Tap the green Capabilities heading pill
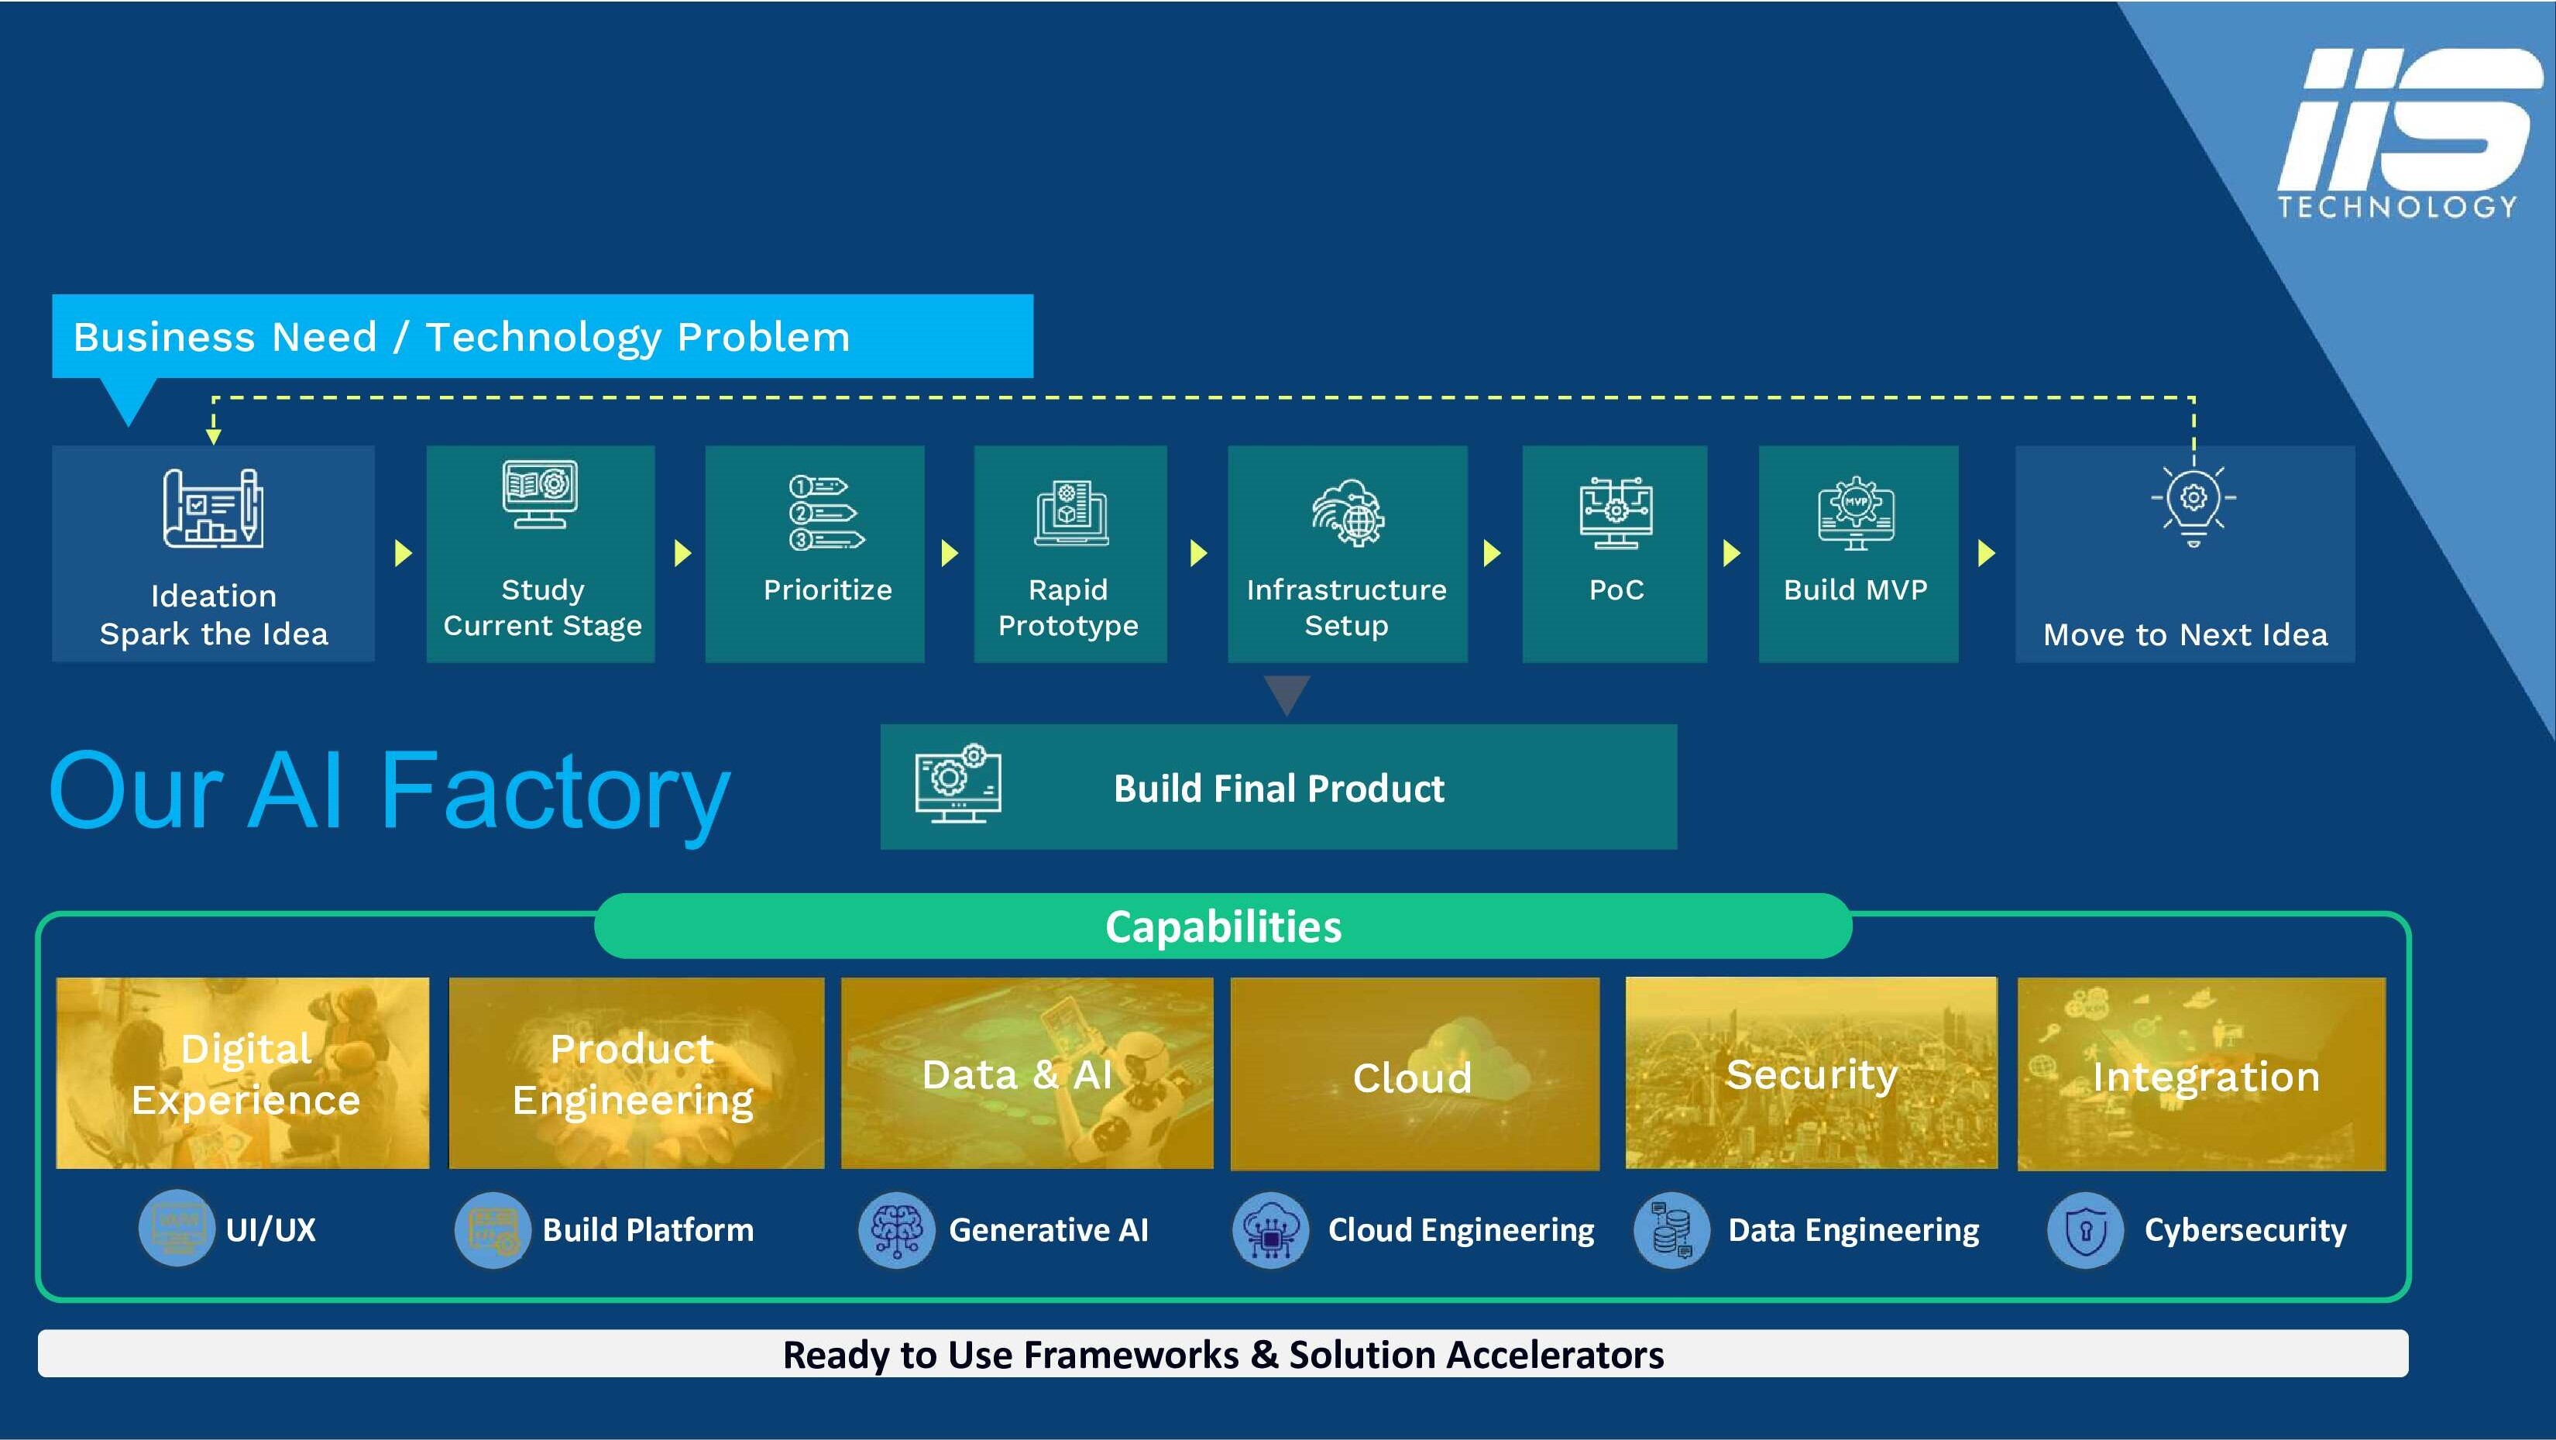(1222, 926)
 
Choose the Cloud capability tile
(1414, 1074)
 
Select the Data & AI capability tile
(1026, 1073)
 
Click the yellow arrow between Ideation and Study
(403, 553)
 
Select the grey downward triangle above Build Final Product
(1287, 694)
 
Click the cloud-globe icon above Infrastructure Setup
(1348, 513)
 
